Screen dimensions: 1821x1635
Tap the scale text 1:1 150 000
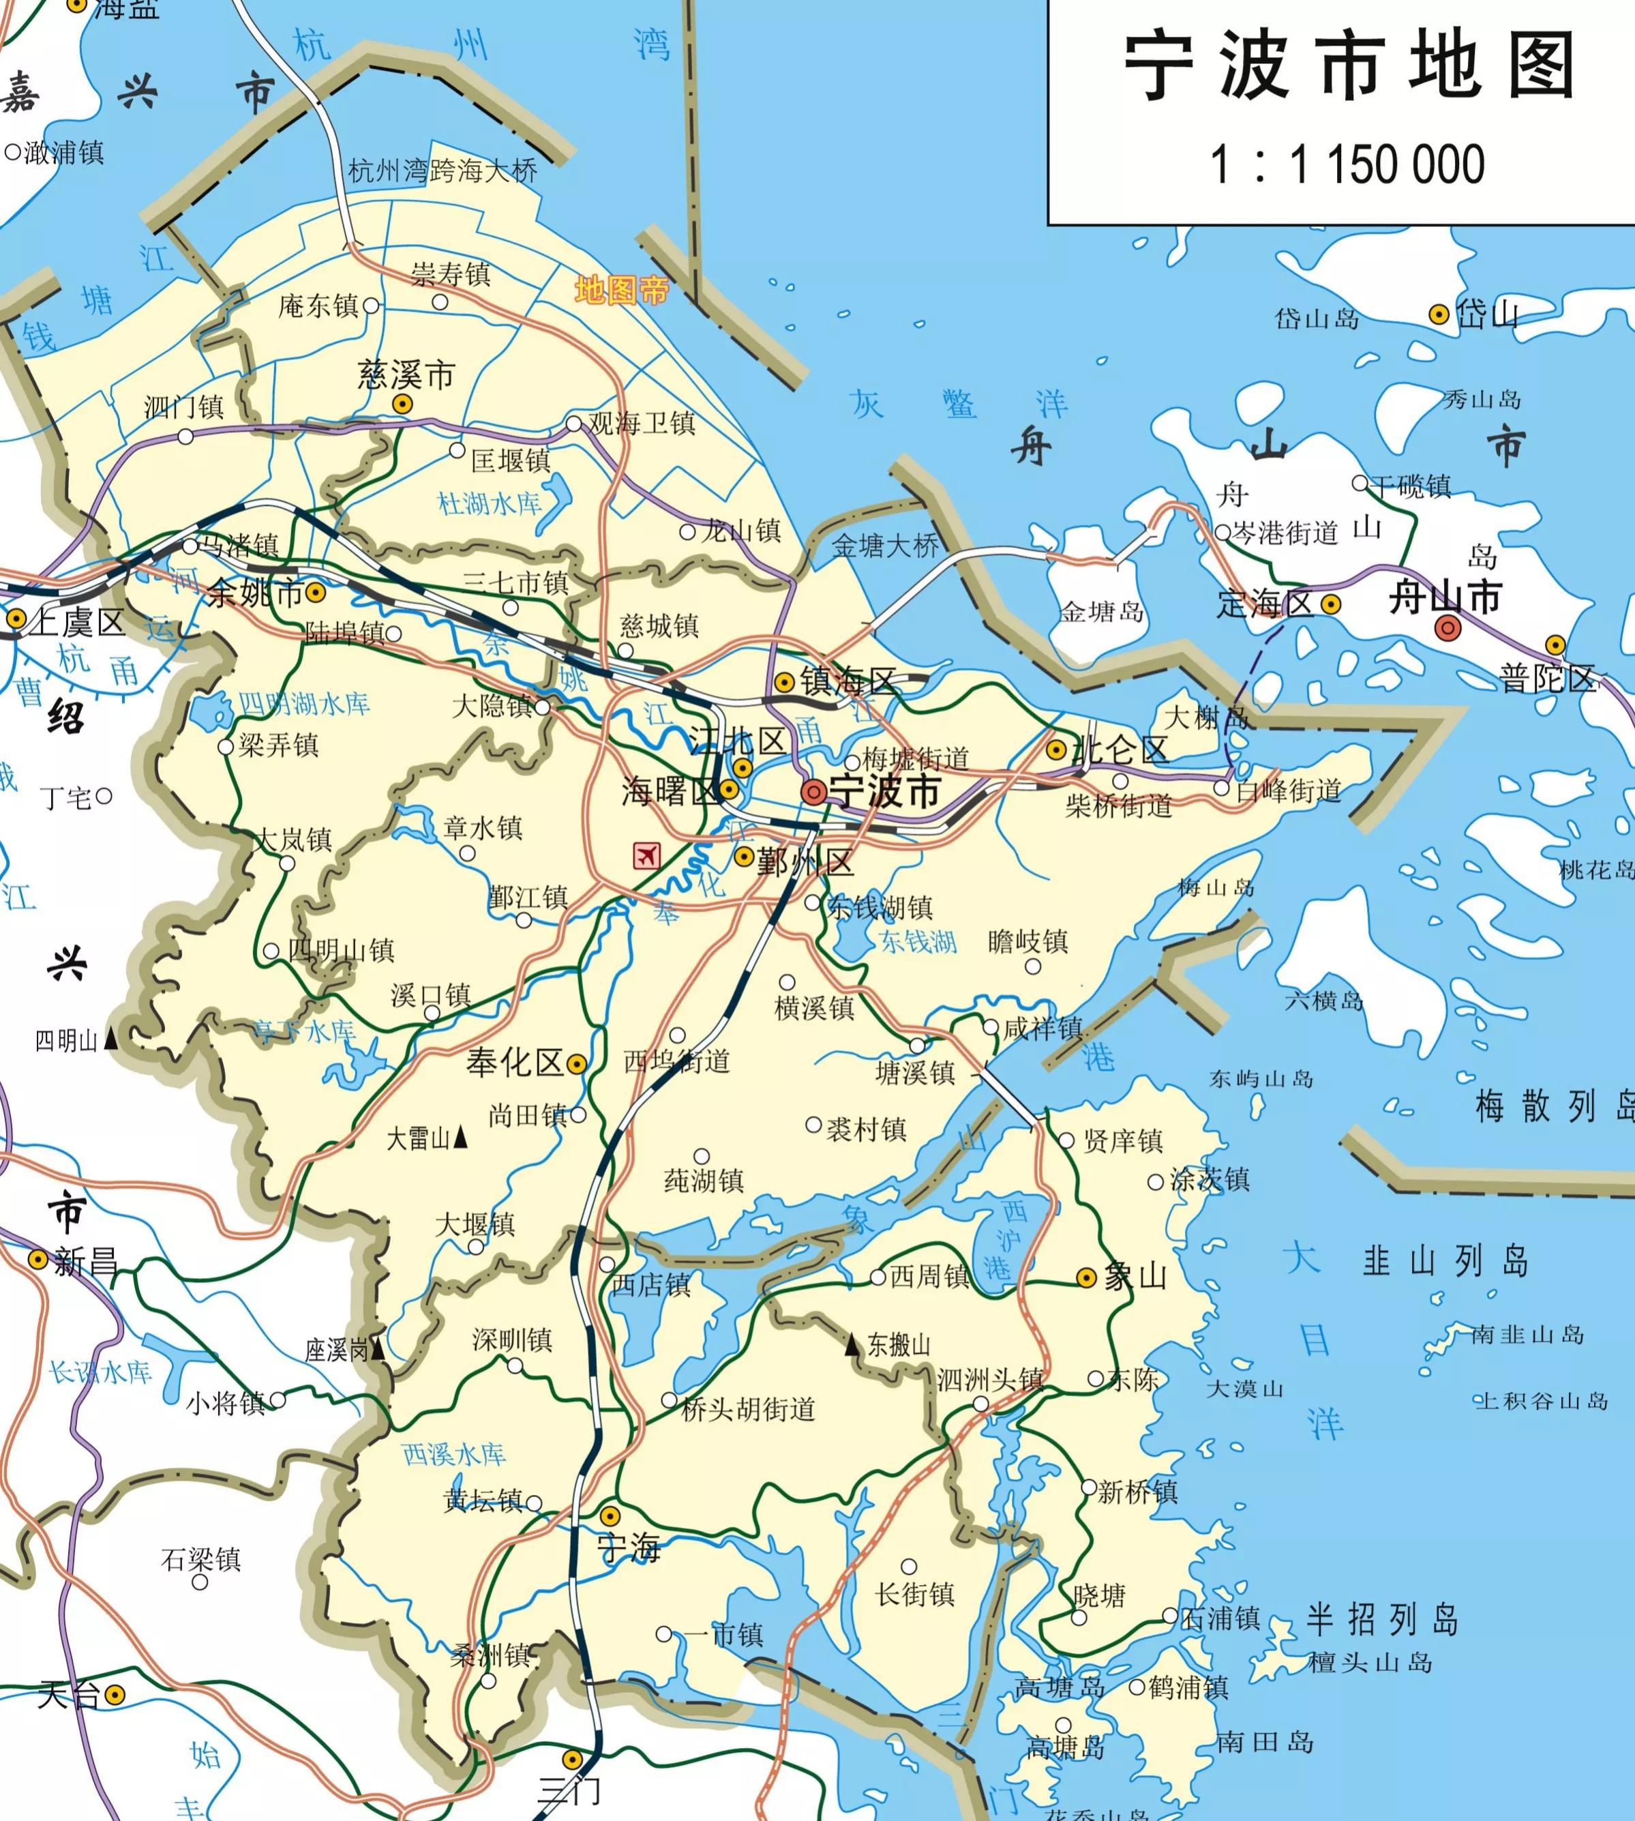1347,164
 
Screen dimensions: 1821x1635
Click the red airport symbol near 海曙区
646,855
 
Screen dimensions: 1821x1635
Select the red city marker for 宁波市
814,792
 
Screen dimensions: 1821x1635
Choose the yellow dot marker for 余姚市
315,592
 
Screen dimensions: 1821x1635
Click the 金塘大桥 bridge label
885,546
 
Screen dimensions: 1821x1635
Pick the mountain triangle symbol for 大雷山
460,1138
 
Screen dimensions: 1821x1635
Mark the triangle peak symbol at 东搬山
852,1345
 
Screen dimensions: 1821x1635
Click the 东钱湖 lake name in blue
917,942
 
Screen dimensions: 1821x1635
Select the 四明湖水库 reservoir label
303,704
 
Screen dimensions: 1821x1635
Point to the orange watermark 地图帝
622,291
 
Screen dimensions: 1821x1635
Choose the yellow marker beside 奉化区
577,1064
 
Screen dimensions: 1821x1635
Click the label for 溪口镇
430,995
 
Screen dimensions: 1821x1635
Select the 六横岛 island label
1323,1001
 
